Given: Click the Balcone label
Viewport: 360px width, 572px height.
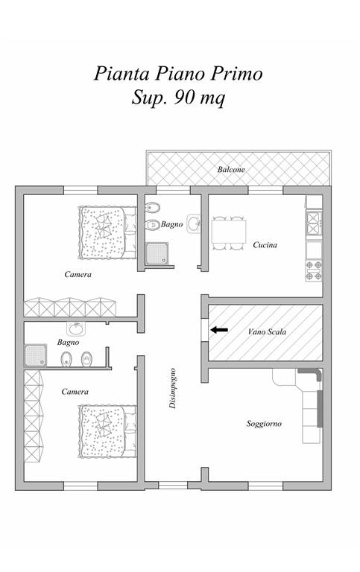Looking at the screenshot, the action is (x=231, y=170).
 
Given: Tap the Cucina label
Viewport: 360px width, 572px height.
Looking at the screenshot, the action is (x=265, y=245).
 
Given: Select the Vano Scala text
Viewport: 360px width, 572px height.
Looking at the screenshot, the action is (x=267, y=332).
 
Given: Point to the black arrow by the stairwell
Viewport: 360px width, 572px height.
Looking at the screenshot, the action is (x=219, y=330).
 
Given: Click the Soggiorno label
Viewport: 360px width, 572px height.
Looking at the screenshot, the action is (x=264, y=424).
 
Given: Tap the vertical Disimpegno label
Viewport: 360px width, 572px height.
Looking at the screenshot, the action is (x=173, y=388).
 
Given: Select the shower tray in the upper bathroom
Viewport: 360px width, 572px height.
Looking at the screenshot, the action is (x=157, y=253).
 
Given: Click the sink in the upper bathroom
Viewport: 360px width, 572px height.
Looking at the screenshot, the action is (x=194, y=223).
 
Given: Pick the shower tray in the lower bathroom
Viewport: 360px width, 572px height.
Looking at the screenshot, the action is (x=36, y=355).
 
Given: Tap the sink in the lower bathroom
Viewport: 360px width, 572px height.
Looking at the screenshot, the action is (x=76, y=328).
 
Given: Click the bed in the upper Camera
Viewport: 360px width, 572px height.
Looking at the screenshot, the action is (x=107, y=232).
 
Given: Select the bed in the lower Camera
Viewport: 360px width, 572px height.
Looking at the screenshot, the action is (x=107, y=431).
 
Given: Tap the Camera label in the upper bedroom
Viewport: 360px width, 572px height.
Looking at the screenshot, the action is (x=78, y=274).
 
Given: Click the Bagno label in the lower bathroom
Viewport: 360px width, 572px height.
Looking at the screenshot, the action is (x=69, y=342).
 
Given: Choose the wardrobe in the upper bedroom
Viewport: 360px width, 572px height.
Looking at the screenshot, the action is (x=70, y=307).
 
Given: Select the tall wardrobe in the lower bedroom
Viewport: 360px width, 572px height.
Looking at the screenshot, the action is (x=34, y=416).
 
